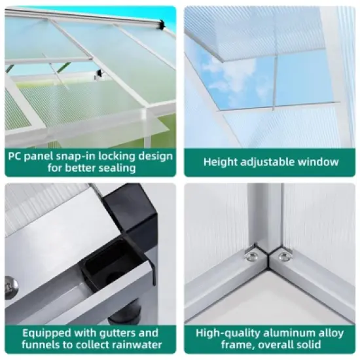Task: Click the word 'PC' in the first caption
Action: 15,156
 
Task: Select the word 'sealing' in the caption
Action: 115,168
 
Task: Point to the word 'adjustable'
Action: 270,162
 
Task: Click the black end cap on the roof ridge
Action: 160,24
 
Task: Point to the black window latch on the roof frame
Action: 99,73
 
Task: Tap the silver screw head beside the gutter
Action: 9,286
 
